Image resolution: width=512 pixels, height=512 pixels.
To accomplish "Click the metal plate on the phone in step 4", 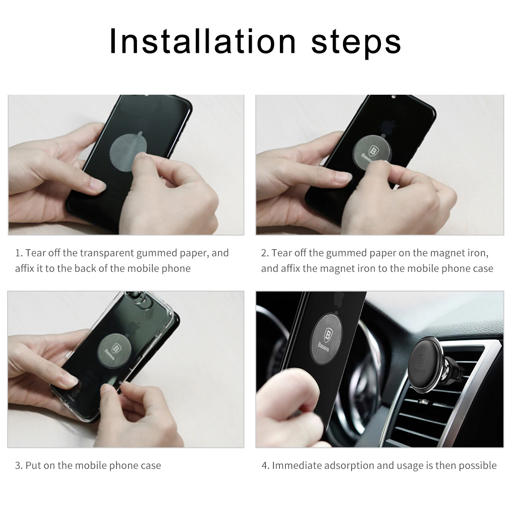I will (x=328, y=337).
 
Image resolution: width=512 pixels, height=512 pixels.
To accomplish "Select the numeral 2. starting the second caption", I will (x=265, y=253).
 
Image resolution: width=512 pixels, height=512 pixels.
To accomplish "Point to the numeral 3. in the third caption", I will (x=19, y=465).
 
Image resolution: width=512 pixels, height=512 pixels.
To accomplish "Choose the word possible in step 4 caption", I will (x=478, y=465).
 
